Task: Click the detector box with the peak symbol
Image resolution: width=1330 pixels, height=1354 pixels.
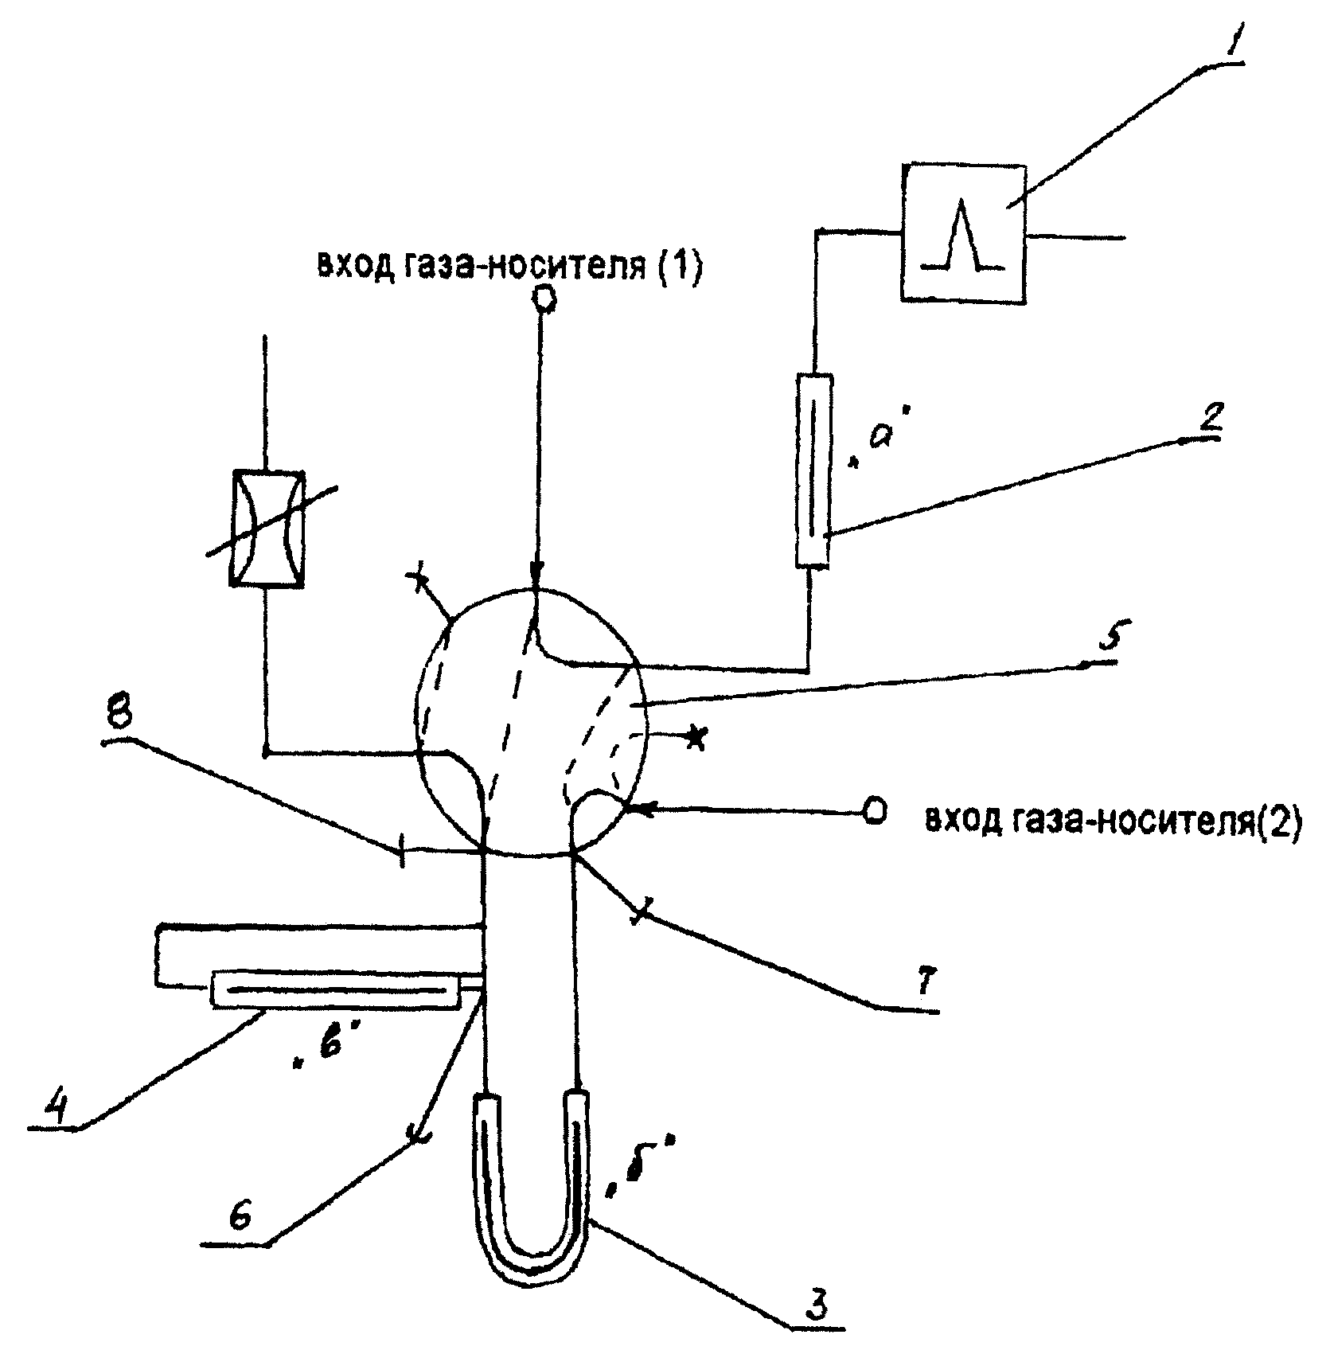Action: tap(962, 232)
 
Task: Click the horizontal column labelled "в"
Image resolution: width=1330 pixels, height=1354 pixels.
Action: tap(337, 989)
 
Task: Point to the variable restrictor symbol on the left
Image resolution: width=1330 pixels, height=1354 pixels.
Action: tap(267, 528)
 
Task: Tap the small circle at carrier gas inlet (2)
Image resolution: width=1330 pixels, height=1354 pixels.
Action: tap(874, 811)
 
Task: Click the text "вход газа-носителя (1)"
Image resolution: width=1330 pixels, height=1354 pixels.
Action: tap(509, 265)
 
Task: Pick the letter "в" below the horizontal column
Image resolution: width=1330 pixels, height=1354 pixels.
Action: tap(322, 1050)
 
